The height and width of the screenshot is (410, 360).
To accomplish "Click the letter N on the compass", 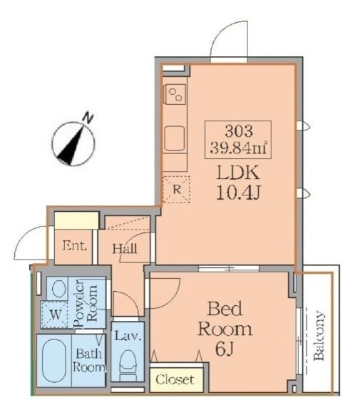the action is click(x=88, y=118).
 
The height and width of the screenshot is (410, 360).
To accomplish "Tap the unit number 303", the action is click(x=238, y=130).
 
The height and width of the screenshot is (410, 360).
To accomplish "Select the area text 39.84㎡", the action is click(x=238, y=148).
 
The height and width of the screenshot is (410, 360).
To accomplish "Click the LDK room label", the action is click(x=238, y=173).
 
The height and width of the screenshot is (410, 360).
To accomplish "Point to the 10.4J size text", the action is click(x=238, y=193).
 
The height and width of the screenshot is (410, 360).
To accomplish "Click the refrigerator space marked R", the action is click(x=177, y=189).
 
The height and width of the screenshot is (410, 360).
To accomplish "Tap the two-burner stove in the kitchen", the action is click(x=175, y=94).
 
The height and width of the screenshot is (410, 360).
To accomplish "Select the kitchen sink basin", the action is click(x=175, y=138).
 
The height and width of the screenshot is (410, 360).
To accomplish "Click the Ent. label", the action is click(x=75, y=246).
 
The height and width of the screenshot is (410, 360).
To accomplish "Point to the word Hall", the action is click(x=125, y=248).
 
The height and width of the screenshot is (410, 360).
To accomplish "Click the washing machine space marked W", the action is click(x=55, y=314).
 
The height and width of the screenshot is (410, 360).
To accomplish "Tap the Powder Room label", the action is click(x=86, y=303).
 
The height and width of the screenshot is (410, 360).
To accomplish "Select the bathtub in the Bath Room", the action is click(x=54, y=360).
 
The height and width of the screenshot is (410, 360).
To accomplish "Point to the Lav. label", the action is click(x=128, y=336).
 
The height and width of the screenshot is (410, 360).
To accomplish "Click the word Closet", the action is click(x=175, y=379).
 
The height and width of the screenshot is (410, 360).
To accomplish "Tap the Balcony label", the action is click(x=319, y=335).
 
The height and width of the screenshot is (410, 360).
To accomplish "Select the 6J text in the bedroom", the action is click(x=225, y=349).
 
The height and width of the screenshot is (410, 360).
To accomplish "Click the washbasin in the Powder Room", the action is click(x=58, y=288).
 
